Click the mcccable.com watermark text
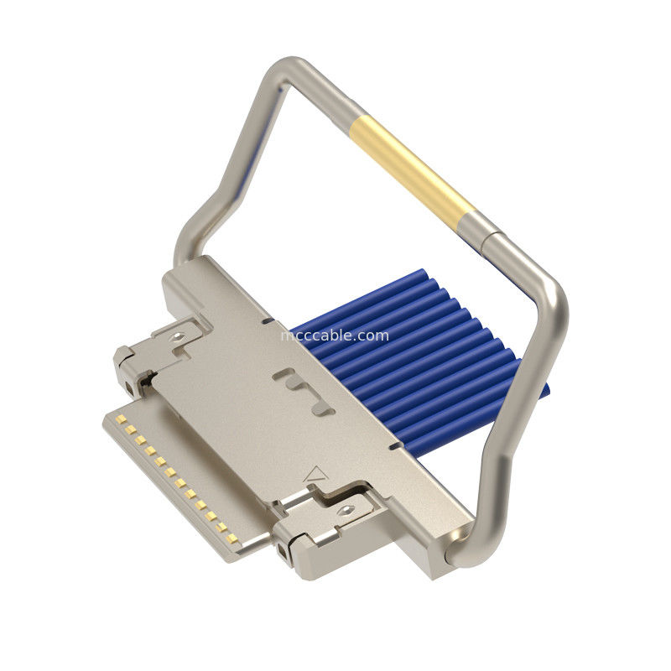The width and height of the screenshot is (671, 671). click(335, 335)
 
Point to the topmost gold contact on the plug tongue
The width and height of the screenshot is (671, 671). click(121, 418)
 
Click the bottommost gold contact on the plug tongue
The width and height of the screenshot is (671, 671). click(232, 538)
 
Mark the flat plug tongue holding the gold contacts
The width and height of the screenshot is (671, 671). click(168, 478)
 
